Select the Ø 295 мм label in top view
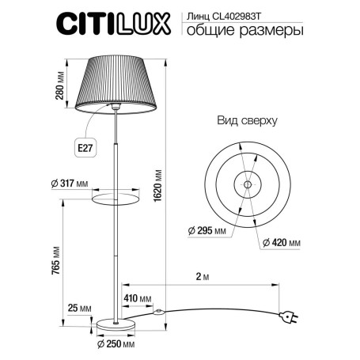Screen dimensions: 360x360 tap(208, 230)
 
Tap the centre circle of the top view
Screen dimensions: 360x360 tap(246, 184)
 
